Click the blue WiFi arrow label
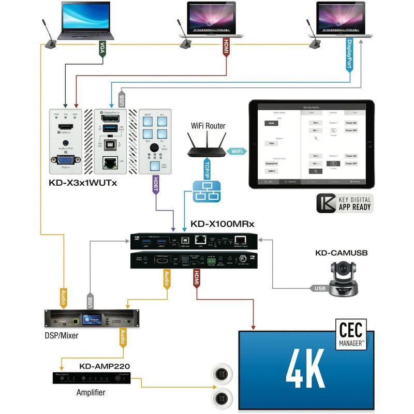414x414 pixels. [236, 151]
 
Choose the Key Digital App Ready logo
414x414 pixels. [345, 203]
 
